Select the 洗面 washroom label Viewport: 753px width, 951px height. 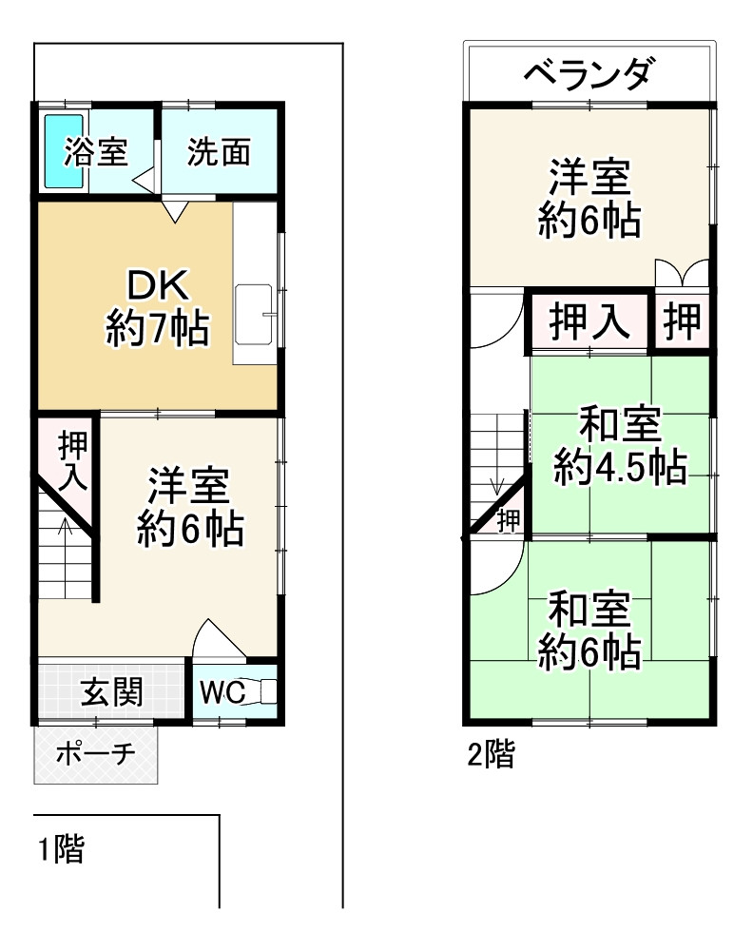point(219,152)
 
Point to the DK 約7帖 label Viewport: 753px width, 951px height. point(158,306)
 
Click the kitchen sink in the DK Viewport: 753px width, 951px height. point(256,313)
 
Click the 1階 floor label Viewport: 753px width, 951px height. point(61,848)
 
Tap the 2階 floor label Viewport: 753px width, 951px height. point(491,756)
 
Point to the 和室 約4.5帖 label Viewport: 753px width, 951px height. point(621,447)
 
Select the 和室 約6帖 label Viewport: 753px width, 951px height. point(589,631)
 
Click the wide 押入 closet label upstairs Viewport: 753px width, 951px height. point(589,321)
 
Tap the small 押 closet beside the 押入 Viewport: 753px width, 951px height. point(682,321)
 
